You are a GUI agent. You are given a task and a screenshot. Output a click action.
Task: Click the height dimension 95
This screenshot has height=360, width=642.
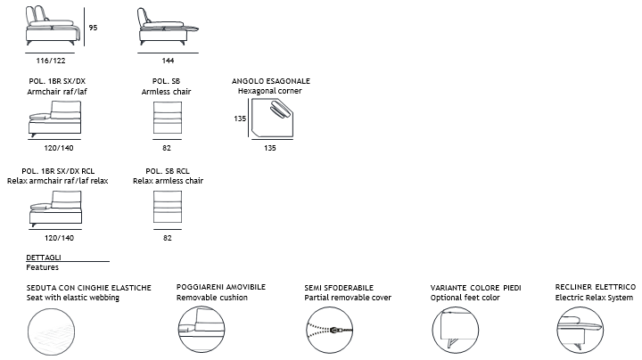(93, 28)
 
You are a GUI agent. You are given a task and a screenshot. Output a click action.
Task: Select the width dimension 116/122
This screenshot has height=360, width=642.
(51, 61)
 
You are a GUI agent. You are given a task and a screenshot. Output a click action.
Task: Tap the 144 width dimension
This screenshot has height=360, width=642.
(168, 61)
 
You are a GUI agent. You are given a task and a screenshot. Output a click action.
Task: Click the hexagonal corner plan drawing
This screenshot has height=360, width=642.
(272, 118)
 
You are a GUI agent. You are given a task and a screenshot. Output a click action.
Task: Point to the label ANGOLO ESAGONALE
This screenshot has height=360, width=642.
(271, 81)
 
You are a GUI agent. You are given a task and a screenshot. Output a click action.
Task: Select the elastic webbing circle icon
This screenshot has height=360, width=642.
(51, 331)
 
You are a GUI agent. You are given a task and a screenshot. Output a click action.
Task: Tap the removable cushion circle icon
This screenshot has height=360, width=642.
(202, 330)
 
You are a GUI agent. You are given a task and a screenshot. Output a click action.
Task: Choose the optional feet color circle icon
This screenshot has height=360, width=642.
(456, 330)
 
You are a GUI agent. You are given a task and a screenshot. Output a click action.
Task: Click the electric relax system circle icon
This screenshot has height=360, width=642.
(580, 330)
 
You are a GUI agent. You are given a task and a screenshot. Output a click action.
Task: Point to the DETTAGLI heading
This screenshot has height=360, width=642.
(44, 258)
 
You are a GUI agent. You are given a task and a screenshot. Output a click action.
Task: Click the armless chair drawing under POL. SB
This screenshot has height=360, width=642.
(168, 118)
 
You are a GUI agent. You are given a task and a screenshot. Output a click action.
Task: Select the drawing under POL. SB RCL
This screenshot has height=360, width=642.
(168, 207)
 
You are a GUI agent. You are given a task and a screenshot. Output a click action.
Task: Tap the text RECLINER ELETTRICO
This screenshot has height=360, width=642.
(596, 287)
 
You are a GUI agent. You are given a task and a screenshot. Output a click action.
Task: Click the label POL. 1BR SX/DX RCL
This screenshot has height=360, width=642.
(58, 171)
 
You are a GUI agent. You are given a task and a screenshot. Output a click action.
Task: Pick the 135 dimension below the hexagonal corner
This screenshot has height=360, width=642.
(270, 148)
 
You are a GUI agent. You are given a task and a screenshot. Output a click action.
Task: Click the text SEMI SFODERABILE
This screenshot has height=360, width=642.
(339, 288)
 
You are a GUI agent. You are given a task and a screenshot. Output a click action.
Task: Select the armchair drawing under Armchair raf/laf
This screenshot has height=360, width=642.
(55, 119)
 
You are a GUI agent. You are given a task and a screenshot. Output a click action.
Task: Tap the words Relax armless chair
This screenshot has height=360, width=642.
(168, 181)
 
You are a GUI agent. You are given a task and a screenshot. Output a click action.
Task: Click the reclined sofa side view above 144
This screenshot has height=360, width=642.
(168, 26)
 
